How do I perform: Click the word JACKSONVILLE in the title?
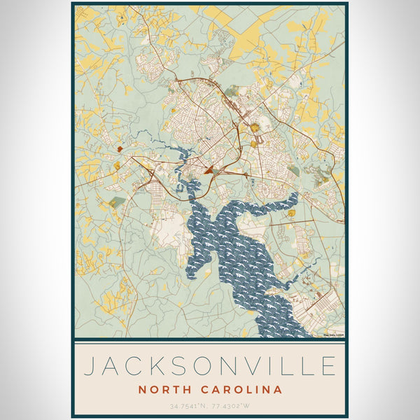click(x=209, y=366)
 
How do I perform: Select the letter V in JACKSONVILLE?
click(x=263, y=366)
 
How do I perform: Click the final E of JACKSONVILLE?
click(x=328, y=366)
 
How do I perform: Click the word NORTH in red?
click(x=163, y=389)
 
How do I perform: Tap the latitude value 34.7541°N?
click(x=188, y=406)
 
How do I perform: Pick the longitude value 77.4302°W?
click(x=232, y=406)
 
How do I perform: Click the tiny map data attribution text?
click(x=333, y=335)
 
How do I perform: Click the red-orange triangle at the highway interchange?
click(x=209, y=169)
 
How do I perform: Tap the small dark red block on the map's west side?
click(x=120, y=149)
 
